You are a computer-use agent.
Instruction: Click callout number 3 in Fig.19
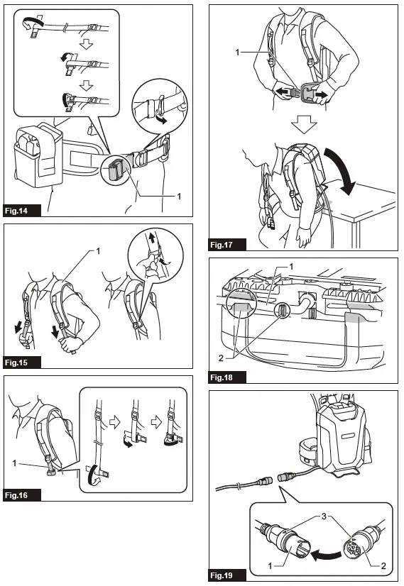click(324, 516)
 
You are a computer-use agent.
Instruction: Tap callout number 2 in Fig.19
click(383, 566)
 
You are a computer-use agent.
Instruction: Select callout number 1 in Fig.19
click(271, 566)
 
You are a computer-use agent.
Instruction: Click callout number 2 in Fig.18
click(221, 358)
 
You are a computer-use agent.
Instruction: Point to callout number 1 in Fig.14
click(179, 196)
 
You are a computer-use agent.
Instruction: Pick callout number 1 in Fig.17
click(237, 52)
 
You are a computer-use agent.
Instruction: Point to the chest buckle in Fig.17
click(306, 92)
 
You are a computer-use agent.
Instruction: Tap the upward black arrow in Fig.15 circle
click(151, 238)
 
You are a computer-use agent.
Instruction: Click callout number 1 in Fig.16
click(15, 463)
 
